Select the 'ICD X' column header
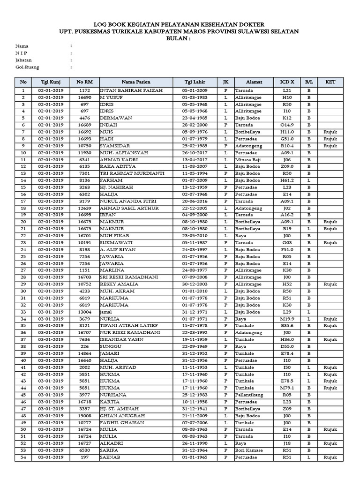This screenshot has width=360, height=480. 287,82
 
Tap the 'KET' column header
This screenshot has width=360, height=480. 330,82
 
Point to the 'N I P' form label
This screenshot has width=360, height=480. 22,53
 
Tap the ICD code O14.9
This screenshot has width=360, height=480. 287,125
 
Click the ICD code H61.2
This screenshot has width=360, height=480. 287,180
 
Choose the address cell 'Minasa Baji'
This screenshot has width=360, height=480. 248,160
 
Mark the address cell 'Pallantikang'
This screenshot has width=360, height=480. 250,395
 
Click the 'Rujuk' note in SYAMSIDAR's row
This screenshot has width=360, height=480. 330,146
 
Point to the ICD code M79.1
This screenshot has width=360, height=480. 287,388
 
